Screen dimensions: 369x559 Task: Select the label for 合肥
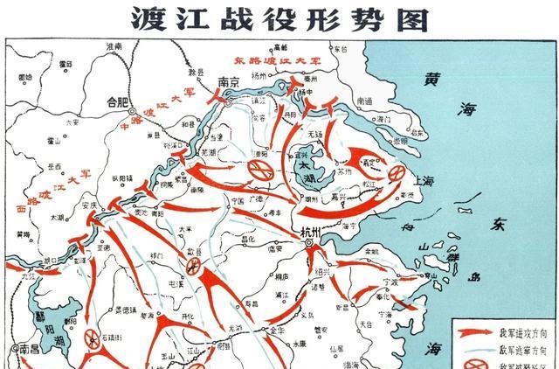117,101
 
